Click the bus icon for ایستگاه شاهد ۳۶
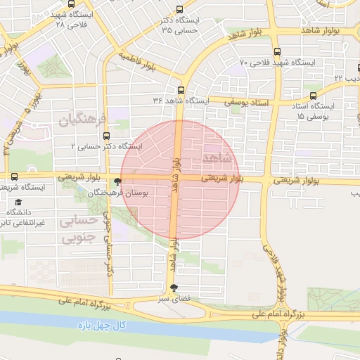181,90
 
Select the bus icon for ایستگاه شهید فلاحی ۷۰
276,51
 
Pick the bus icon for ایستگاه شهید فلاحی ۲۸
57,4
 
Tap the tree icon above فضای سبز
174,287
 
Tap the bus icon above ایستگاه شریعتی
14,176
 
